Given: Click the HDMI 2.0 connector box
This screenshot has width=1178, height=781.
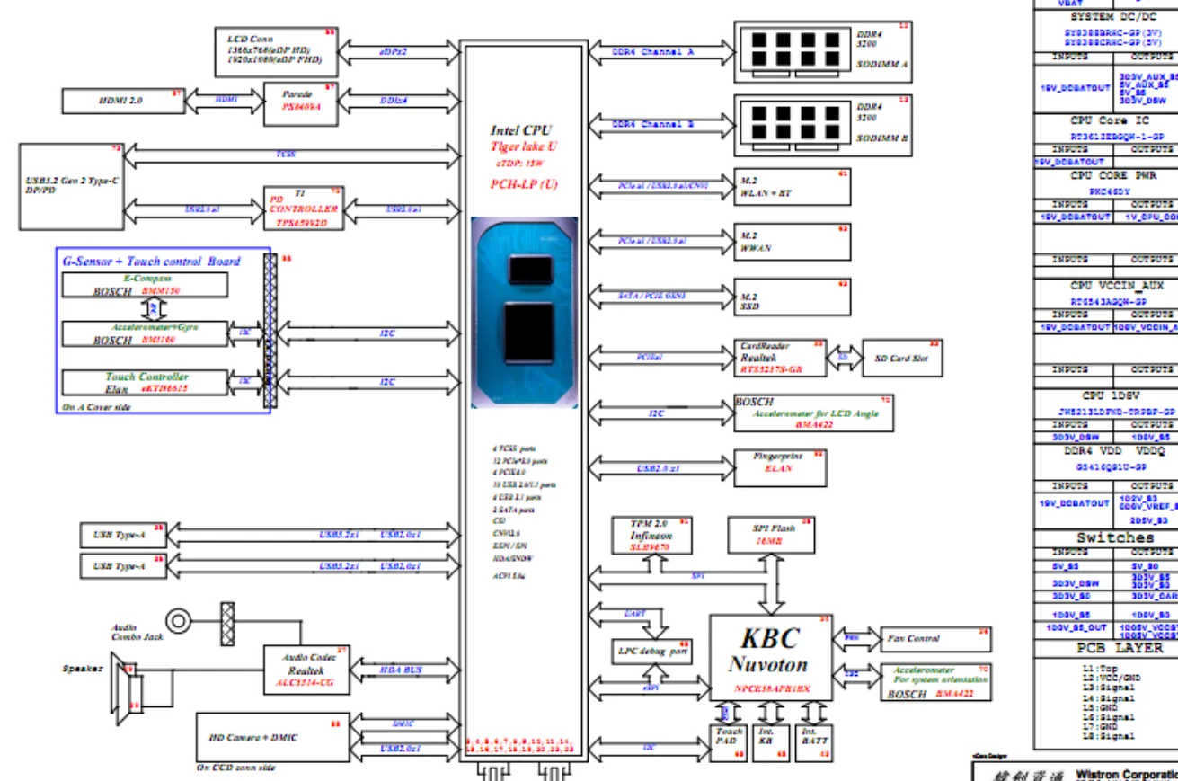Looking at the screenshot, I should click(121, 101).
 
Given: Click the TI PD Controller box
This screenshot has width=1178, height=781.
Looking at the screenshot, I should click(304, 209).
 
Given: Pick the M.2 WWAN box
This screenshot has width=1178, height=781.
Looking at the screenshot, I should click(792, 242).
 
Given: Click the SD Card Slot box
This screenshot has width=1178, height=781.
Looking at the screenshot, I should click(901, 358).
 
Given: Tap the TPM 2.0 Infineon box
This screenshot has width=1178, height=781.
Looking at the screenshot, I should click(651, 534).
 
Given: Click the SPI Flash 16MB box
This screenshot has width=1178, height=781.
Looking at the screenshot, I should click(772, 534).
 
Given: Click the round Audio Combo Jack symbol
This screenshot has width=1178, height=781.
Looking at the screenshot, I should click(179, 620).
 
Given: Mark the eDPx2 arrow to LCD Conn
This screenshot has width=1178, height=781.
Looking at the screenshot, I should click(393, 52).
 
